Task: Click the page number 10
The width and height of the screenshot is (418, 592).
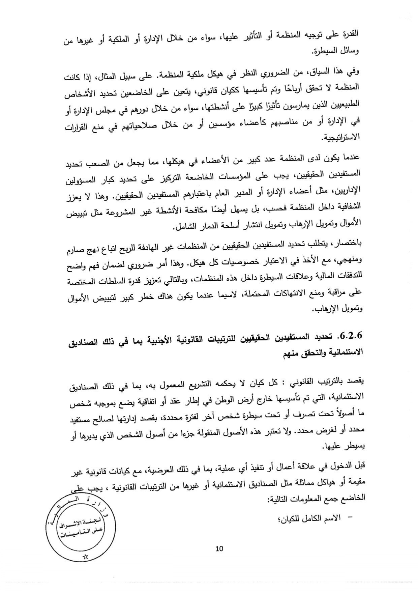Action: [x=219, y=548]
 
